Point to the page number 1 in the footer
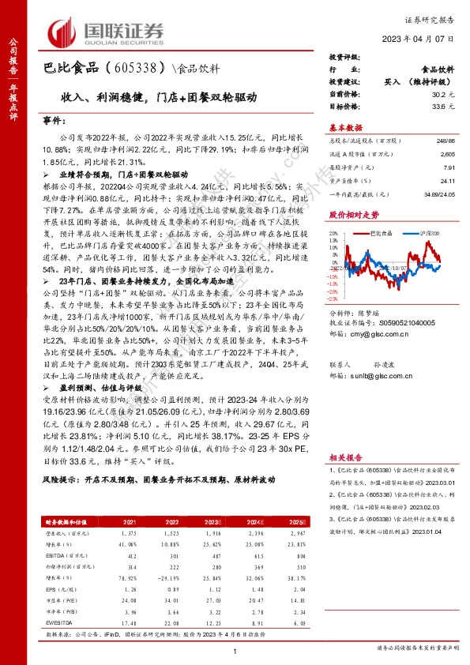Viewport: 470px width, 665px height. [x=235, y=651]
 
